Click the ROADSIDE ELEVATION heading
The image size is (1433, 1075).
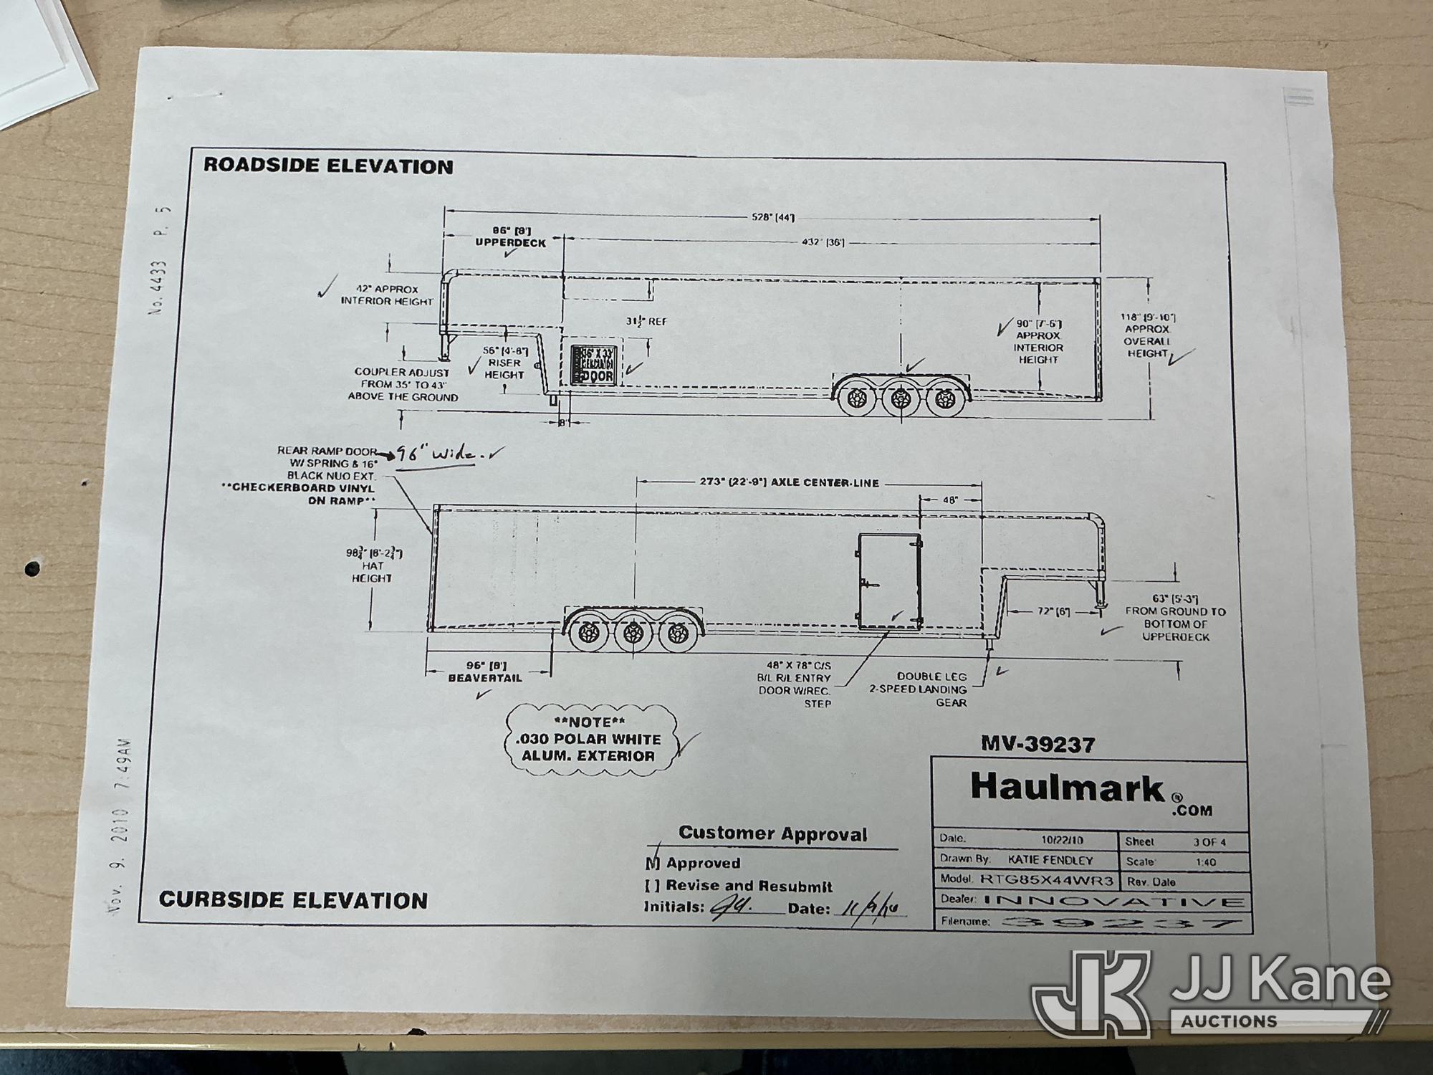point(328,166)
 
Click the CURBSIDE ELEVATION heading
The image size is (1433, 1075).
point(293,900)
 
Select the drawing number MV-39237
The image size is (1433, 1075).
point(1037,745)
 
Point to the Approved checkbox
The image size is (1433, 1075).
point(653,863)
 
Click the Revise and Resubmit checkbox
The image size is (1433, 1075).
point(652,886)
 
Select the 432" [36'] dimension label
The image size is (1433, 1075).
point(823,242)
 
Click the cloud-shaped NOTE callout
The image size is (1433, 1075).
point(590,740)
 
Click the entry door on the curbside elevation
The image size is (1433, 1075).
point(889,580)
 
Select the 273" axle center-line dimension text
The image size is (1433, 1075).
point(789,482)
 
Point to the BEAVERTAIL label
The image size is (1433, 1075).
point(485,678)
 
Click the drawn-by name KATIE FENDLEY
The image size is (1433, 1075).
point(1050,860)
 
